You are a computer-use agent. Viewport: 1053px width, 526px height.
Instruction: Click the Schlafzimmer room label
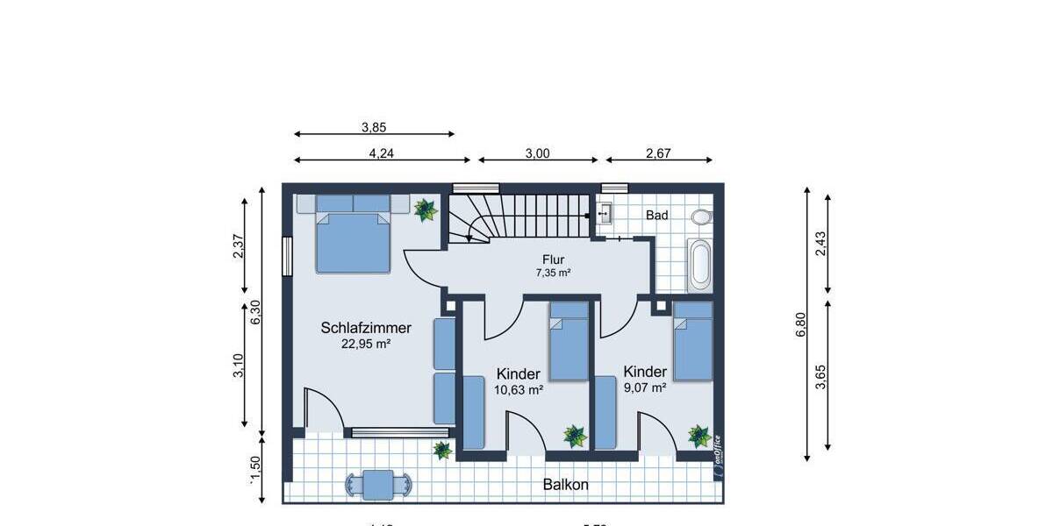click(366, 328)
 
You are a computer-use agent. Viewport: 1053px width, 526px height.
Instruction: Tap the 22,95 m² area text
click(366, 345)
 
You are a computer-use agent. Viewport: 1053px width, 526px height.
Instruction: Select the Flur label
click(553, 259)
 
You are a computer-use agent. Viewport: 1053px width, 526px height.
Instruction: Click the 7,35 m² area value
click(553, 273)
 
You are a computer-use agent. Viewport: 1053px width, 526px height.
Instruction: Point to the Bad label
click(656, 215)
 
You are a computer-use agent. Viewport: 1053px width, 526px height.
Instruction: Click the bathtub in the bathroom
click(698, 266)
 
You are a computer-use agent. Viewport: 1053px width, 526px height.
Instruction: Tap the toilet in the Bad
click(701, 217)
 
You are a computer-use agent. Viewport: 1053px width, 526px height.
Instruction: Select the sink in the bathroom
click(605, 212)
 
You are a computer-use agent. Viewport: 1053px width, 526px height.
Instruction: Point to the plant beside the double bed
click(426, 210)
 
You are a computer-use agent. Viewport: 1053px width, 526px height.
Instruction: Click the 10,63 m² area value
click(518, 389)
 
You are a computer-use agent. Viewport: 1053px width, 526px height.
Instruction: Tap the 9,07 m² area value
click(645, 387)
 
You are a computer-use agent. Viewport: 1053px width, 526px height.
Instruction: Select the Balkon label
click(565, 484)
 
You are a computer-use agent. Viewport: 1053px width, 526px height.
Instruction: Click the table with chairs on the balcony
click(378, 484)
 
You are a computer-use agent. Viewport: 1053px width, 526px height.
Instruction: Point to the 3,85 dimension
click(374, 126)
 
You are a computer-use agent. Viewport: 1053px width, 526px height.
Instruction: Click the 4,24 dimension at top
click(381, 153)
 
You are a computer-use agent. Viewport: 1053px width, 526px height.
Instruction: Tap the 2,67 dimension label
click(658, 153)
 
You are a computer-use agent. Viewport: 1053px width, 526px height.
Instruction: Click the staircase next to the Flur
click(518, 216)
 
